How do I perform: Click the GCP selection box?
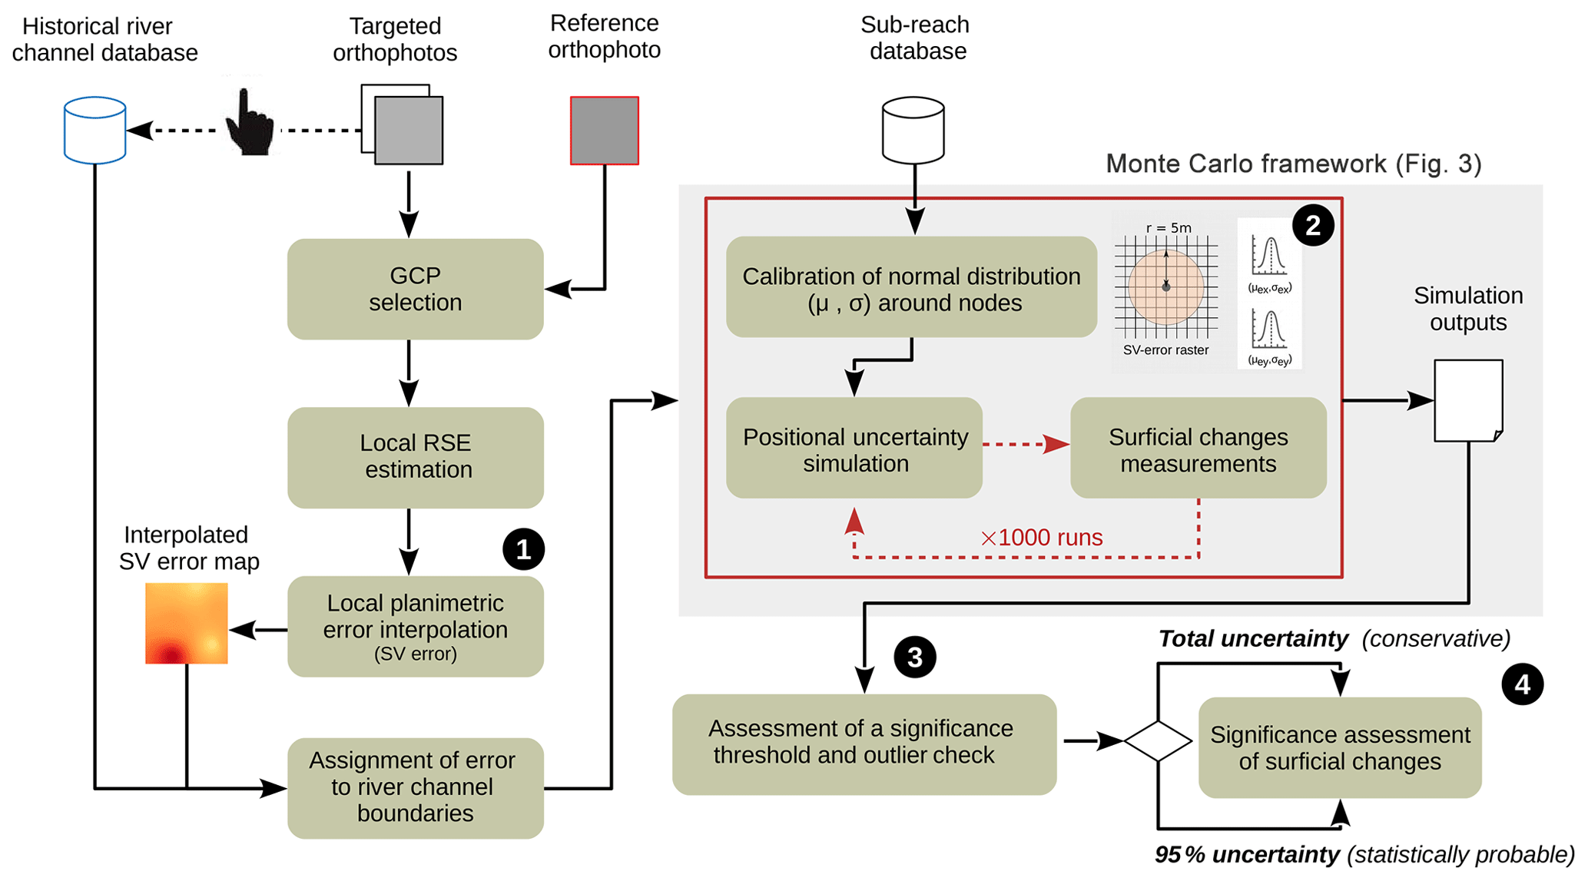tap(415, 289)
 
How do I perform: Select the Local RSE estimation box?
tap(415, 457)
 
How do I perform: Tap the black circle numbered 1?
tap(523, 549)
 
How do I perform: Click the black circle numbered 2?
tap(1312, 225)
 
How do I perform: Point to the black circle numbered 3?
tap(914, 657)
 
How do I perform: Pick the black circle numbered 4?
tap(1522, 684)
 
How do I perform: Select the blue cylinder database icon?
tap(94, 130)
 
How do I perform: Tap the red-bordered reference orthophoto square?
tap(604, 131)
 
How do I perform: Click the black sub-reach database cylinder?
tap(913, 130)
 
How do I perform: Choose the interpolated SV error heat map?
tap(187, 623)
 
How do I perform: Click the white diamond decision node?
tap(1158, 741)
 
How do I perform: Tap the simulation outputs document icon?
tap(1468, 400)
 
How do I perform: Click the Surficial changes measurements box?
tap(1198, 449)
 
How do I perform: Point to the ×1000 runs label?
tap(1041, 537)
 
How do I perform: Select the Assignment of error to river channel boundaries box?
tap(415, 787)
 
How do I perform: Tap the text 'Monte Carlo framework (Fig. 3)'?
tap(1293, 164)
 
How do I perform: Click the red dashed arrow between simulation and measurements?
tap(1026, 444)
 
